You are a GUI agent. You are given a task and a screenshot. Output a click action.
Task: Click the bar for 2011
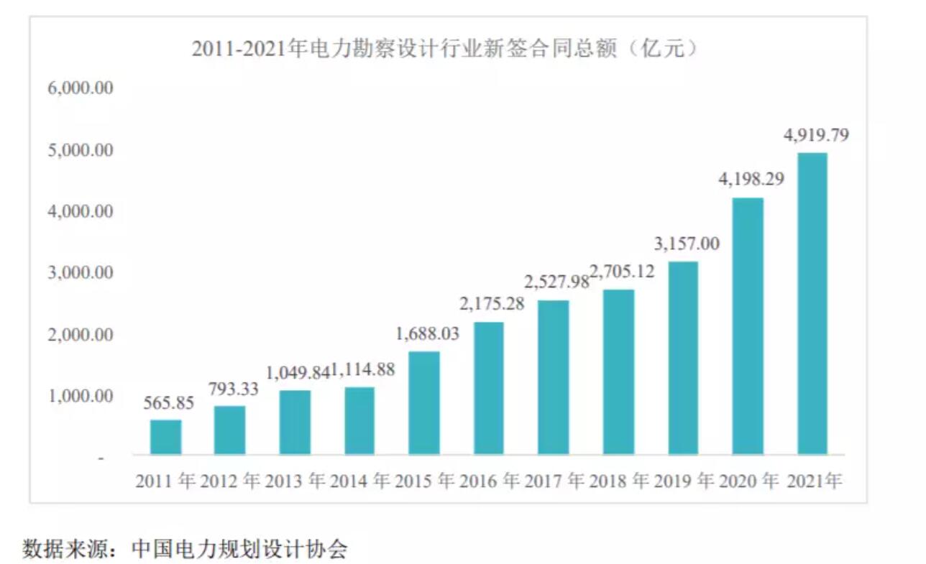[x=165, y=437]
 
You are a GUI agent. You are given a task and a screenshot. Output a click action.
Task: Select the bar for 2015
[x=424, y=402]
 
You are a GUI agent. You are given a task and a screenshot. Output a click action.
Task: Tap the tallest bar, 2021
[x=812, y=303]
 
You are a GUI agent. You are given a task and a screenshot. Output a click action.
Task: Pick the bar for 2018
[x=618, y=371]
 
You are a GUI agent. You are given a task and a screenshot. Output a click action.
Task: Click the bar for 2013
[x=295, y=422]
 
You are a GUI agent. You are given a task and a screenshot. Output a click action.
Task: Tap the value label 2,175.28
[x=492, y=304]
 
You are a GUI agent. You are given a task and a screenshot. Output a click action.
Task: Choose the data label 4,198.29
[x=750, y=179]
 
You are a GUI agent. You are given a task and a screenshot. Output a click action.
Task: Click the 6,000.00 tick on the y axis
[x=81, y=88]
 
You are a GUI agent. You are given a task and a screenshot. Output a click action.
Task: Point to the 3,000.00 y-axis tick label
[x=81, y=273]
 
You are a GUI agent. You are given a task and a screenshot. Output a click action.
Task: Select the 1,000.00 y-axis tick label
[x=81, y=396]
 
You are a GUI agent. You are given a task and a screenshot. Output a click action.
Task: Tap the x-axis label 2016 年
[x=490, y=481]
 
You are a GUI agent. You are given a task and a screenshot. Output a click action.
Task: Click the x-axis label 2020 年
[x=750, y=481]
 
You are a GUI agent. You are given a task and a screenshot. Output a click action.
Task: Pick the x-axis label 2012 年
[x=230, y=481]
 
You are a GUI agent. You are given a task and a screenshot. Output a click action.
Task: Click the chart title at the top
[x=446, y=50]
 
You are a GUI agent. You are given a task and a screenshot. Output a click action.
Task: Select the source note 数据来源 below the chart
[x=185, y=549]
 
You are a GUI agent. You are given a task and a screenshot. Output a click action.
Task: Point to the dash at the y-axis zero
[x=101, y=458]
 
